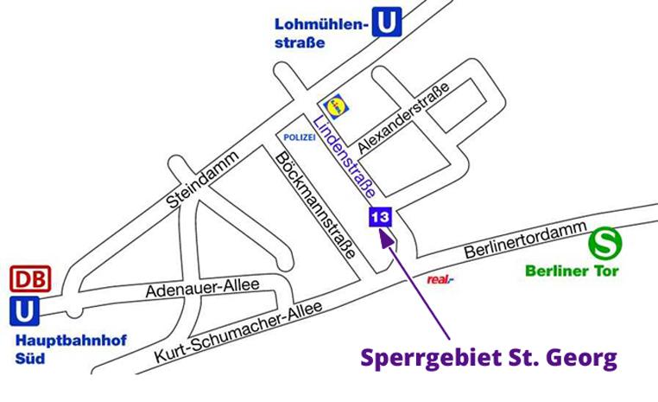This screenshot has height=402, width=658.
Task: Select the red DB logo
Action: click(x=30, y=279)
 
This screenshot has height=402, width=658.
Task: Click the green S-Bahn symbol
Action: click(x=604, y=243)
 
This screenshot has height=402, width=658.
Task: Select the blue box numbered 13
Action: click(x=380, y=217)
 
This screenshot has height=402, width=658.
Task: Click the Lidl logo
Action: click(x=334, y=104)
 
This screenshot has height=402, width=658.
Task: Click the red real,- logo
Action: click(x=440, y=279)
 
